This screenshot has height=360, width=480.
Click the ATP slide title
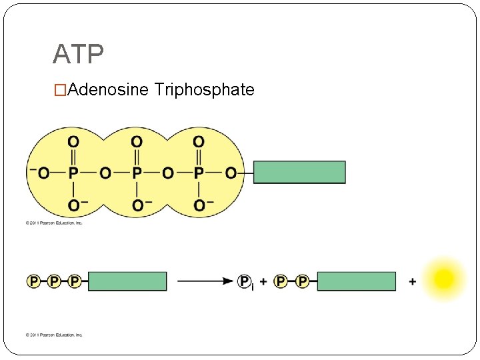78,54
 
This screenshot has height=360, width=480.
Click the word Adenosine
107,89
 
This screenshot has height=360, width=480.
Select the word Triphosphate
204,89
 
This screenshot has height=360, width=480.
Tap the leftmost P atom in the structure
73,173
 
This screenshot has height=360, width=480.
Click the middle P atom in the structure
136,173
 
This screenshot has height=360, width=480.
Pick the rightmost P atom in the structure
199,173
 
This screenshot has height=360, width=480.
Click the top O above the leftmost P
73,141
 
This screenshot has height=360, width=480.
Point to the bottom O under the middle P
137,205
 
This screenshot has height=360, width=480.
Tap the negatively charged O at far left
41,173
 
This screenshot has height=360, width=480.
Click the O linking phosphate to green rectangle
231,173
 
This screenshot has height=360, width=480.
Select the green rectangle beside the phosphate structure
299,172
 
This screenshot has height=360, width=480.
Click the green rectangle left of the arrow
127,281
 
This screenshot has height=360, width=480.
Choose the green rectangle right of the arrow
356,281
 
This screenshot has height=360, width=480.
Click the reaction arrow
205,281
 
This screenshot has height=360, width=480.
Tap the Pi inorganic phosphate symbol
246,282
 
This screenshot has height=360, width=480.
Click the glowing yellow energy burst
444,279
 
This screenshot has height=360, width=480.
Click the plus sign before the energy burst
413,282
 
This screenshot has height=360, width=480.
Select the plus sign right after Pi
263,282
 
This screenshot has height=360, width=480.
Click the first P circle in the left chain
33,281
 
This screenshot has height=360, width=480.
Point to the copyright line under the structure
54,223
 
